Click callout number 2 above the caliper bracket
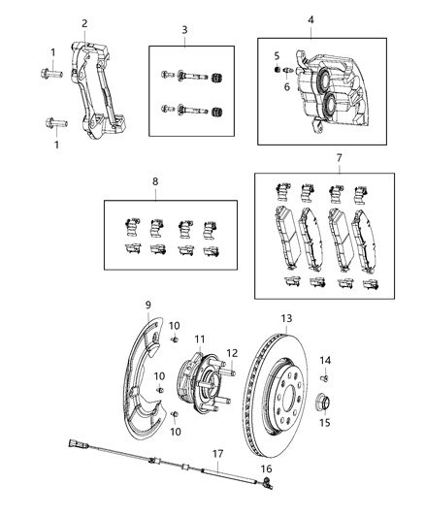point(84,23)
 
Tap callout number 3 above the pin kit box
point(184,31)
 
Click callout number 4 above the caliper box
point(311,20)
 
